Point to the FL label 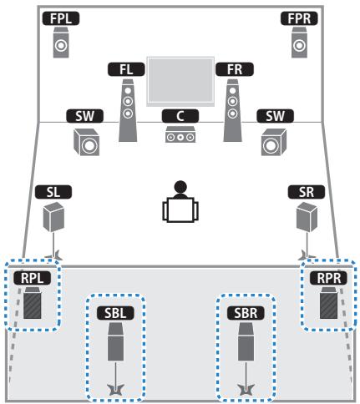126,69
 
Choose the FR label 231,69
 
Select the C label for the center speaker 180,115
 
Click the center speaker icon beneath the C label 180,134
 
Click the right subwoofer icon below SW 271,144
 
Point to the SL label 53,192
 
